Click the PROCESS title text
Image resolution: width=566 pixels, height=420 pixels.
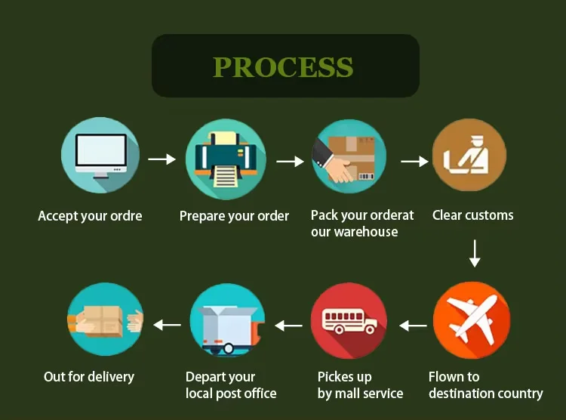click(283, 66)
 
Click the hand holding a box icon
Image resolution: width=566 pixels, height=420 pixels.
click(349, 158)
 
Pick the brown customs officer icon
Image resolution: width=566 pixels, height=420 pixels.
click(469, 157)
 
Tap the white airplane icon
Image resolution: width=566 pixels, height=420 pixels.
click(472, 320)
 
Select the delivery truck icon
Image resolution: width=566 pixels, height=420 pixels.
click(228, 321)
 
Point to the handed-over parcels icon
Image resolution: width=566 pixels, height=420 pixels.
click(105, 320)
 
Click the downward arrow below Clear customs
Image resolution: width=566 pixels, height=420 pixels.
click(475, 253)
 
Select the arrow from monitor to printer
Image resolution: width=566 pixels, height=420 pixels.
click(161, 159)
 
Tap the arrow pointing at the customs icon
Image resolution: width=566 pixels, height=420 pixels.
click(414, 161)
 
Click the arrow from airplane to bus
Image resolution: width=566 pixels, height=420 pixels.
click(413, 326)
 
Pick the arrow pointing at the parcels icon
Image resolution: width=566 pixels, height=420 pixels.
click(168, 325)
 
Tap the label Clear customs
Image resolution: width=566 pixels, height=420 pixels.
click(472, 215)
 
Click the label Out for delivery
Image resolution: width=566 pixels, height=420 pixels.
click(89, 376)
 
